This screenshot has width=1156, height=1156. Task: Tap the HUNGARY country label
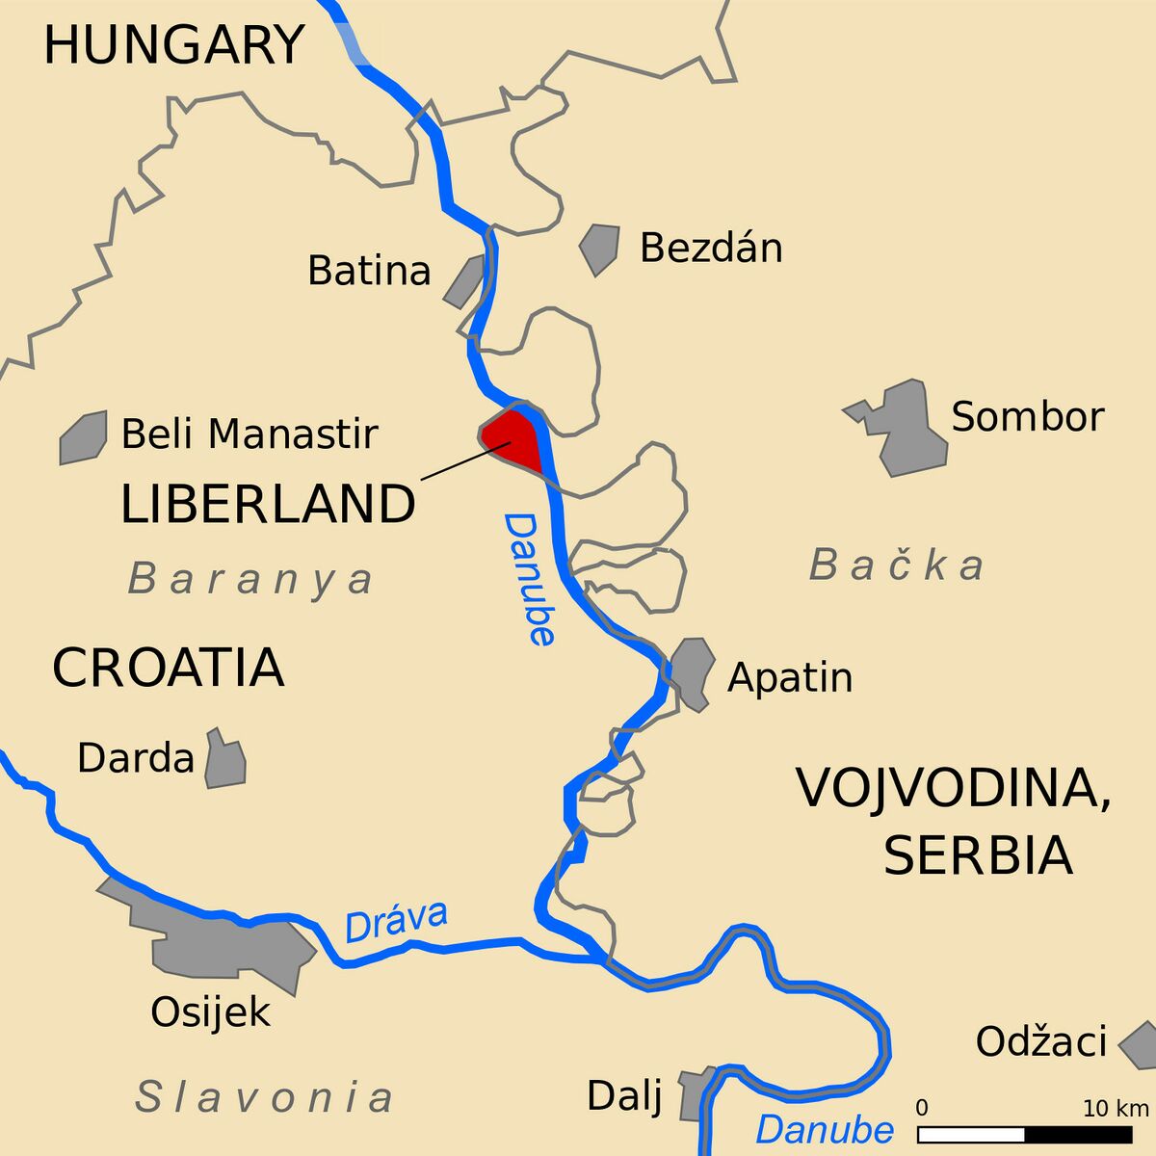(174, 45)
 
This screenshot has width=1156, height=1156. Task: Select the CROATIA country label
(168, 668)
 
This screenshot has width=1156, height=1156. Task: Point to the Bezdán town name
(711, 249)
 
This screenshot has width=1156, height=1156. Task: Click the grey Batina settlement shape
(464, 282)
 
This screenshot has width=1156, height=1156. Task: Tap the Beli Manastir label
(250, 434)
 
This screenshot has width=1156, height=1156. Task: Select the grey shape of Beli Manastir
(83, 438)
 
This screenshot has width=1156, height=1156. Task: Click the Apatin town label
(790, 677)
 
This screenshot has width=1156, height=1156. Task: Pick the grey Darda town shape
(225, 761)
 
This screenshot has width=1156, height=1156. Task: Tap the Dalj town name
(624, 1095)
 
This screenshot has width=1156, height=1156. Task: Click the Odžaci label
(1040, 1041)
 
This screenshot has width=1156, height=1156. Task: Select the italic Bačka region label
(897, 565)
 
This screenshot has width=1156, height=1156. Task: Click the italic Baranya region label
(251, 580)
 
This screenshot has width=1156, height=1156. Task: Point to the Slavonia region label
(265, 1097)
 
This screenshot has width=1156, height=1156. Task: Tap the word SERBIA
(978, 854)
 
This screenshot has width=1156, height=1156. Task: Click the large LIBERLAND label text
(268, 505)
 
